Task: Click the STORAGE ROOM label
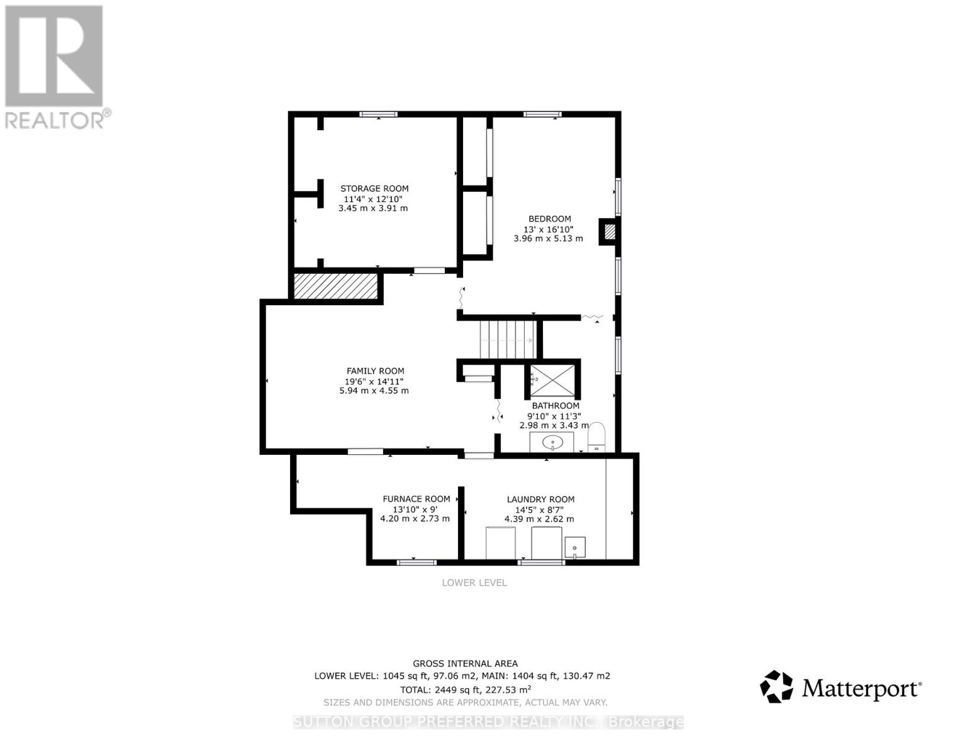point(374,189)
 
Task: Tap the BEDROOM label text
point(549,219)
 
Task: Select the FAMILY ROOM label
point(375,371)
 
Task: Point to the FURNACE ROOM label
point(416,499)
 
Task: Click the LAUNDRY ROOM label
point(540,500)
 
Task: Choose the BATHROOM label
point(555,406)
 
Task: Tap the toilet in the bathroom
point(596,437)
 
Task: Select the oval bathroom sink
point(552,442)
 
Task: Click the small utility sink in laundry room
point(574,547)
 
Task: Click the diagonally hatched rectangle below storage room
point(335,286)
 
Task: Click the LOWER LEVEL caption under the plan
point(474,583)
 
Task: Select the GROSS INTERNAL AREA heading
point(465,663)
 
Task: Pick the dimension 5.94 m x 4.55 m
point(374,391)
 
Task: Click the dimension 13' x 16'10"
point(548,229)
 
